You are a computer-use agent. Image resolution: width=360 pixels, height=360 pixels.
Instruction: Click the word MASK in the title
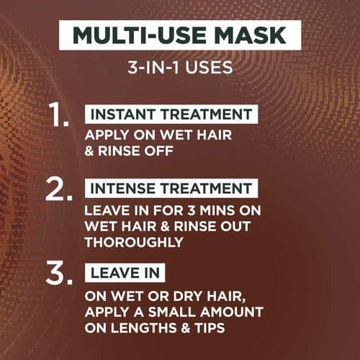pos(251,35)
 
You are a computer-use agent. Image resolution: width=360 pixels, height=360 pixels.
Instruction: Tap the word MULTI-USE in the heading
pos(140,35)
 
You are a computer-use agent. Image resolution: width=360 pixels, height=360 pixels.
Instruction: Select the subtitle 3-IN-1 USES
pos(180,68)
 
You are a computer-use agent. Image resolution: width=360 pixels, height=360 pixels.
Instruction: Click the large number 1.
pos(60,114)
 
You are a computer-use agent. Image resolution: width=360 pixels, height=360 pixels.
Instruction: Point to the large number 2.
pos(59,189)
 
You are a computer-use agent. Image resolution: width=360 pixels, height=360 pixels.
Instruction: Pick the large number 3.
pos(59,274)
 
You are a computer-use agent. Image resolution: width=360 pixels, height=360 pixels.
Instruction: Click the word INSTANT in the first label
pos(122,114)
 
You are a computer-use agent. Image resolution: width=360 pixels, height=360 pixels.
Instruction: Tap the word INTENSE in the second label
pos(122,188)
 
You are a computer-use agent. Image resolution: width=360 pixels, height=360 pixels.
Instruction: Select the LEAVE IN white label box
pos(125,273)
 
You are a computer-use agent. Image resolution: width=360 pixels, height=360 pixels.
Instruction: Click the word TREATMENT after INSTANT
pos(207,114)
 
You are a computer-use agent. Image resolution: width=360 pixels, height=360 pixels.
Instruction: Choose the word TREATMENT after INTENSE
pos(207,188)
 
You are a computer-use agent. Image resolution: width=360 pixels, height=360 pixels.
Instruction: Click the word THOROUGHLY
pos(134,242)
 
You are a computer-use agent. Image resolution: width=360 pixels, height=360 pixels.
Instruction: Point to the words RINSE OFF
pos(135,151)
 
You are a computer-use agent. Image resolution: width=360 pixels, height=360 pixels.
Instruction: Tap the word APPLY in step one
pos(107,135)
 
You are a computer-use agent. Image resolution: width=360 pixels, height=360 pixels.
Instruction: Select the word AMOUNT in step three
pos(232,312)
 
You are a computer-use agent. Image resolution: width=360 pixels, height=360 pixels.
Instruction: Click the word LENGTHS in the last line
pos(144,328)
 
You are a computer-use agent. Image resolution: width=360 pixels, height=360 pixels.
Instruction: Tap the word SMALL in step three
pos(172,312)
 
